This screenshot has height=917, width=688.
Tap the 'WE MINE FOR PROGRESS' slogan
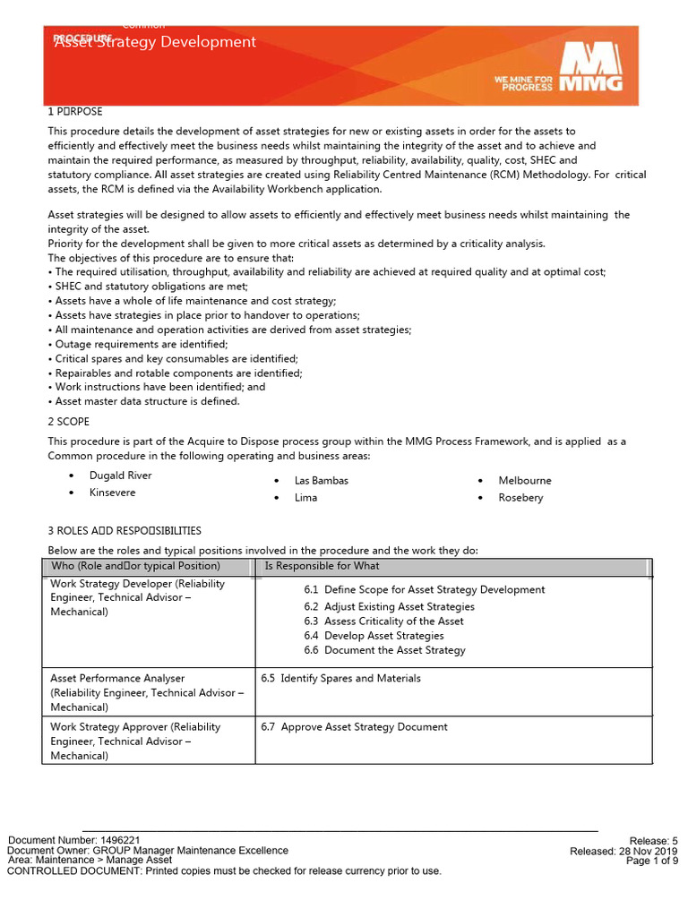523,83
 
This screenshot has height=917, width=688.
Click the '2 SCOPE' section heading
68,421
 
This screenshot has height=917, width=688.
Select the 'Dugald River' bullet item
120,476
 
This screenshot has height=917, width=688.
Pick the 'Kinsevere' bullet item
113,493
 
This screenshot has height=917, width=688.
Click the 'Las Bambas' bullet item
321,481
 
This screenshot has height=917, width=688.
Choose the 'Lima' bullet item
305,498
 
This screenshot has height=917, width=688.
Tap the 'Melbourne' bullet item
525,481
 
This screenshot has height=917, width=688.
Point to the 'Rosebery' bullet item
520,498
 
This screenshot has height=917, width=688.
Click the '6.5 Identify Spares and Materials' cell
340,678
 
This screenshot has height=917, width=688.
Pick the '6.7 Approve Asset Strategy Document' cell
354,727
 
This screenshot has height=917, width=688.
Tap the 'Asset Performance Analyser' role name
117,679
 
